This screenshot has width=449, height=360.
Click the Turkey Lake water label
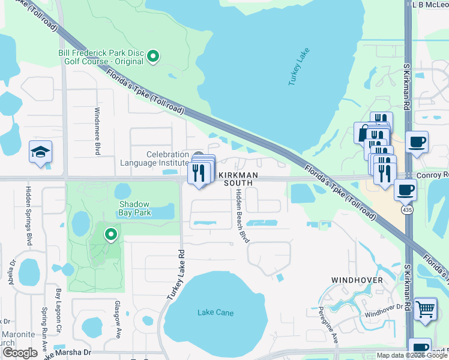(301, 67)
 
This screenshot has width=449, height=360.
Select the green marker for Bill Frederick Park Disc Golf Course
(153, 57)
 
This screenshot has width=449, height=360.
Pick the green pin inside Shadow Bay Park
(110, 235)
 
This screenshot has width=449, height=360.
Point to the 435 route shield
(408, 211)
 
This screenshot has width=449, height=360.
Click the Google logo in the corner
(20, 353)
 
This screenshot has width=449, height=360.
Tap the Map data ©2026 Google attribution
(411, 355)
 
